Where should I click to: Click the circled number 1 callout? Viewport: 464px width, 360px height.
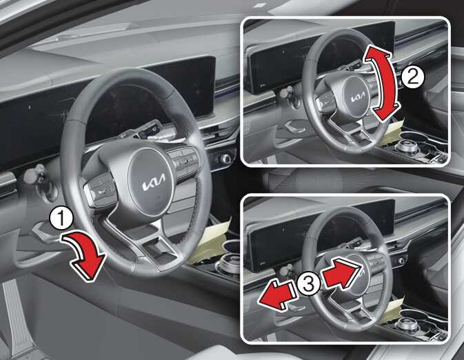[x=61, y=219]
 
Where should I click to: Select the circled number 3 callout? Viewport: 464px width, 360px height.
[x=308, y=284]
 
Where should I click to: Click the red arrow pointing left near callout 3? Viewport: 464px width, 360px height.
[x=277, y=295]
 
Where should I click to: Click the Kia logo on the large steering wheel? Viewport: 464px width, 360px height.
[x=154, y=183]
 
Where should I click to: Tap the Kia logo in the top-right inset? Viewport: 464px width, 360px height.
[x=358, y=97]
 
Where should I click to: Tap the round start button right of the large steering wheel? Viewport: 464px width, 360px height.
[x=225, y=159]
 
